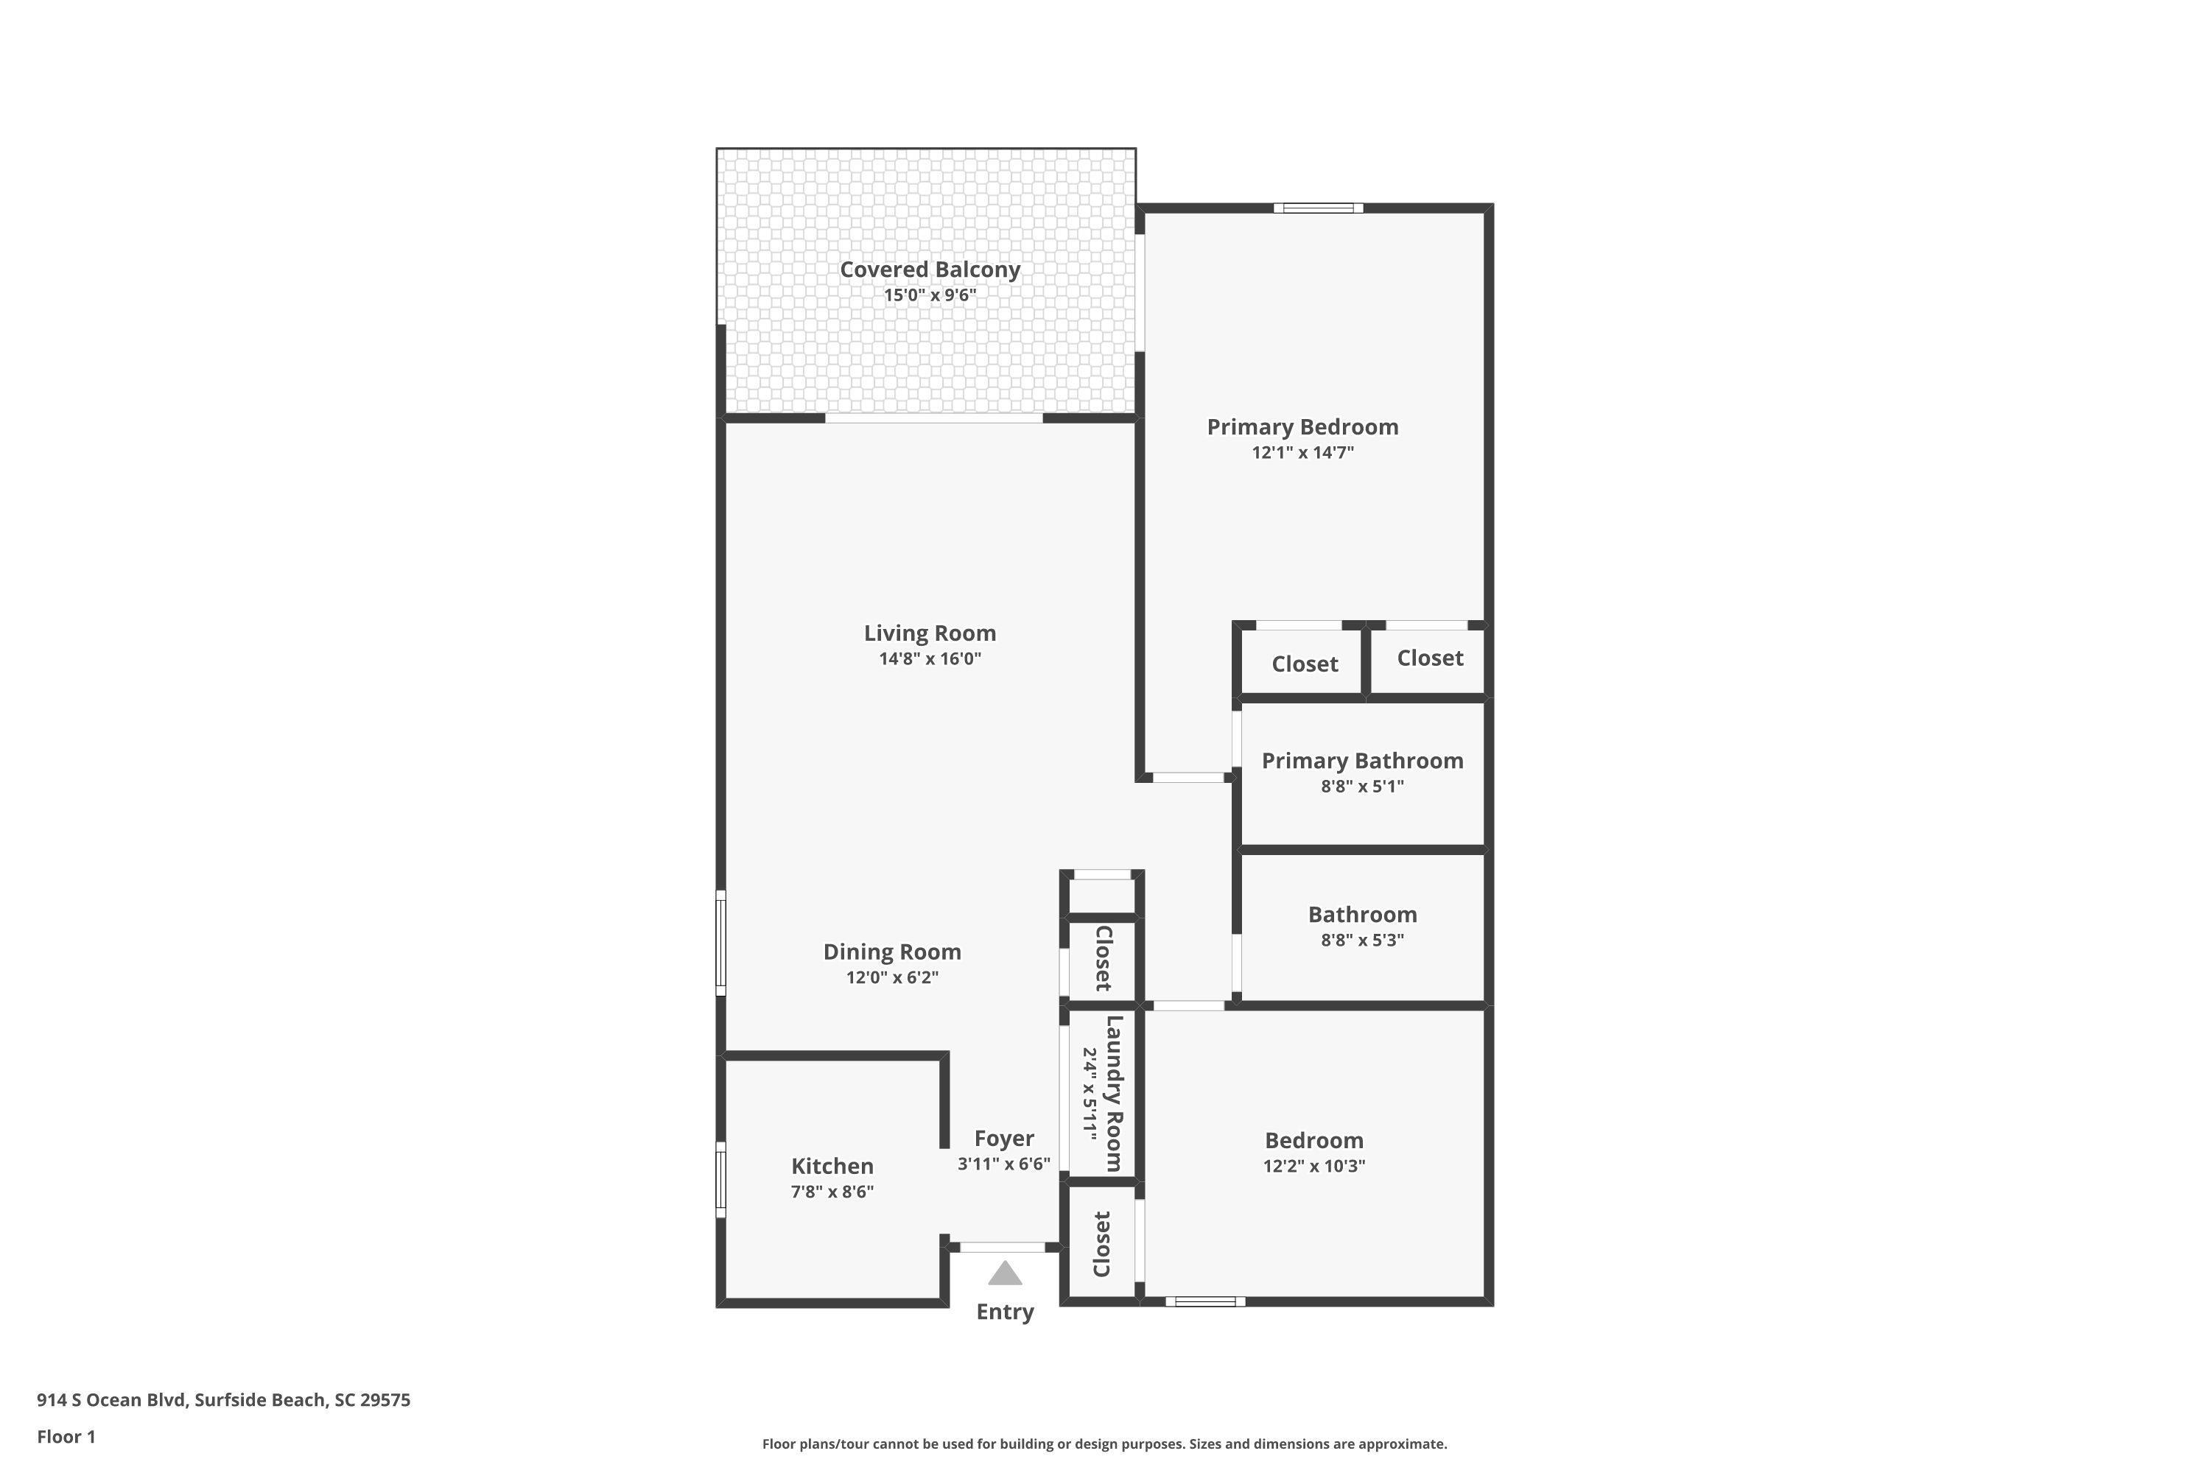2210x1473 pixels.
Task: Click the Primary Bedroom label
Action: (x=1302, y=427)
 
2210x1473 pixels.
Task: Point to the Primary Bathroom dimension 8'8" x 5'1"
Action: (x=1361, y=787)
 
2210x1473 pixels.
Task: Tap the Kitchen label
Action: (x=832, y=1167)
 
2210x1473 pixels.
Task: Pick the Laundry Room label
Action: (x=1113, y=1094)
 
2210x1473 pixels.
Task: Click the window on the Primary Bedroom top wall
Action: (x=1319, y=208)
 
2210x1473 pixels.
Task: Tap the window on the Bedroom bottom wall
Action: (x=1205, y=1301)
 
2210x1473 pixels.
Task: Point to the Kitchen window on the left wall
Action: (x=720, y=1179)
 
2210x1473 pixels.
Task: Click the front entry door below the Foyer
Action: (x=1003, y=1248)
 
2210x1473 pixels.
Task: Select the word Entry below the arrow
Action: (x=1005, y=1312)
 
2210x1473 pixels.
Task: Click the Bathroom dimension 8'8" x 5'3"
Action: (x=1361, y=941)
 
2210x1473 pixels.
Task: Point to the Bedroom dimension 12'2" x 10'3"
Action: (x=1313, y=1166)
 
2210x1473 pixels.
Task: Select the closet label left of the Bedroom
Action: (x=1101, y=1245)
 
